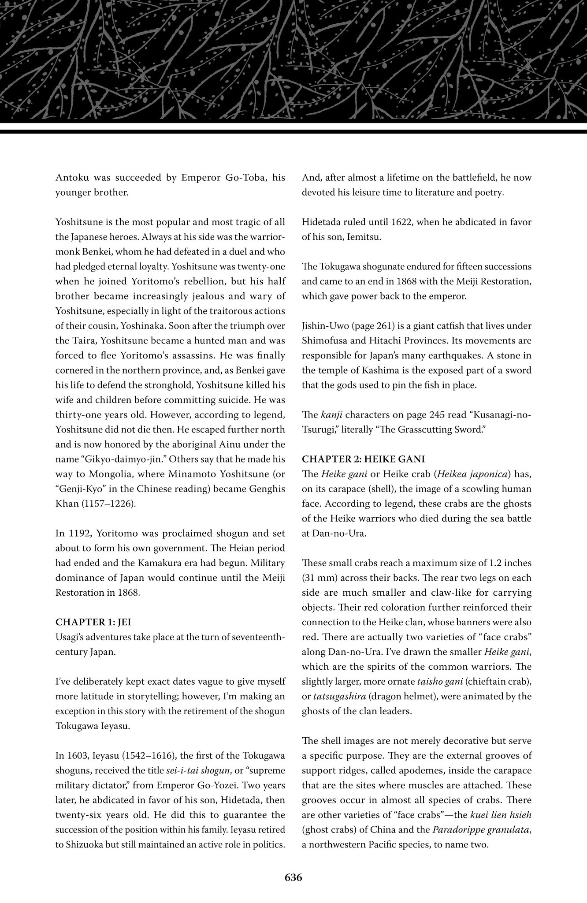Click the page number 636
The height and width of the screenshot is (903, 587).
pos(293,878)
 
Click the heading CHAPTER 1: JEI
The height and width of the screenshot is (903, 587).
pos(93,622)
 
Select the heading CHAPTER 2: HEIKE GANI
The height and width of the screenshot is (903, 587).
pos(363,459)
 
